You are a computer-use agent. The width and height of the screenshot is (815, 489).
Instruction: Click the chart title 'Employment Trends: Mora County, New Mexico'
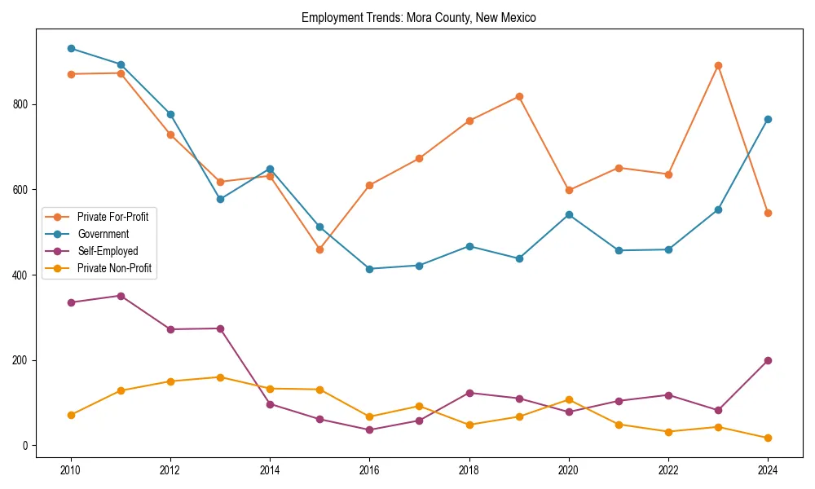(419, 17)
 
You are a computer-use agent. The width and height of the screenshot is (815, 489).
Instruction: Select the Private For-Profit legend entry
(112, 217)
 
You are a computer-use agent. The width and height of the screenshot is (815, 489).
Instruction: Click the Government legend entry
(103, 234)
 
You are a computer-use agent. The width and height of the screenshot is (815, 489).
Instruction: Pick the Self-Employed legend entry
(108, 251)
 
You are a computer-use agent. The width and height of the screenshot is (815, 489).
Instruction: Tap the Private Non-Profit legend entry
(114, 268)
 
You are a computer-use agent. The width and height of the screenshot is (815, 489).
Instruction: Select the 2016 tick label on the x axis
(369, 470)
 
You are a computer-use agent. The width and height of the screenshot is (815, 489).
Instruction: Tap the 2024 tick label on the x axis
(768, 470)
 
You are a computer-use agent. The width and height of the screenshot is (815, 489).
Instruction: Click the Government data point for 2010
(71, 49)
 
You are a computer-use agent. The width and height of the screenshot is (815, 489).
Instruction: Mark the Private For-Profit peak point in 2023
(718, 65)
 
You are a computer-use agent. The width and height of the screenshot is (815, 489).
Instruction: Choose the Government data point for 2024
(768, 119)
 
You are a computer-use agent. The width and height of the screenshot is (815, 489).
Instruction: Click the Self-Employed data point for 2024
(768, 360)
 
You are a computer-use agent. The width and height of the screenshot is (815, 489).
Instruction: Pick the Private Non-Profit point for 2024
(768, 438)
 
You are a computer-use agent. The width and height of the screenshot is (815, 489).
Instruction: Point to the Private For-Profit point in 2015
(319, 249)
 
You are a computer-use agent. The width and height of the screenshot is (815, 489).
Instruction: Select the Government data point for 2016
(369, 269)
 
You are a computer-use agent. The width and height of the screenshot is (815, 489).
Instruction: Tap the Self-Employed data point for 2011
(121, 296)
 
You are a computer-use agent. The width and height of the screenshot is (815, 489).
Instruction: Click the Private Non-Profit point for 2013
(220, 377)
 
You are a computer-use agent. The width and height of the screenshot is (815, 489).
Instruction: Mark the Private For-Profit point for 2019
(519, 96)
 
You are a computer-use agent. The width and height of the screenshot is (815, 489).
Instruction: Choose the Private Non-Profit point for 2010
(71, 415)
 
